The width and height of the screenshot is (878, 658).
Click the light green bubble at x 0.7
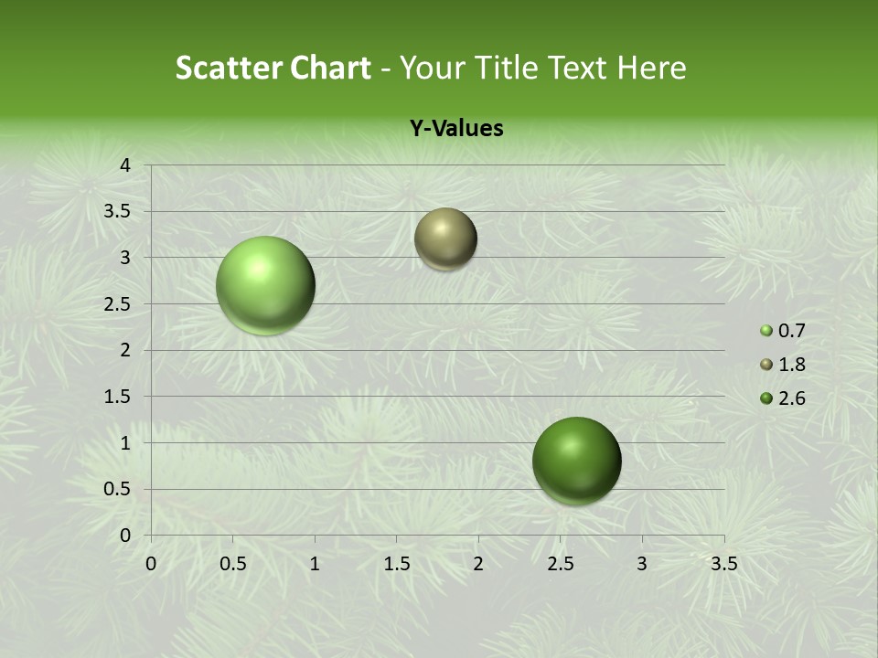point(266,285)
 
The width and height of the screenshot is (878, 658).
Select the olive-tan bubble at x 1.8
point(445,239)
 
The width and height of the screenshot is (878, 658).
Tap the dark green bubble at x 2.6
point(576,461)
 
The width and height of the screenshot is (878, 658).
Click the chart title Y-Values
point(456,129)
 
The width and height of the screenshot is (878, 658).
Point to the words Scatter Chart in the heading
point(273,68)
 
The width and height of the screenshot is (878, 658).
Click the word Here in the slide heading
point(652,68)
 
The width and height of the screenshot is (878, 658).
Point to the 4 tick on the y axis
point(126,165)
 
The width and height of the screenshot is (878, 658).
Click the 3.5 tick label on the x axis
point(723,564)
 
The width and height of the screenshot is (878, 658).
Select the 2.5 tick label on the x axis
point(560,564)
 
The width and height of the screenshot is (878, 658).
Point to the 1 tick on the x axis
point(315,564)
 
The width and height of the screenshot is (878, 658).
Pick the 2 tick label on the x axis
point(478,564)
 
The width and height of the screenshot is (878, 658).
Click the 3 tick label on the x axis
point(642,564)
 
